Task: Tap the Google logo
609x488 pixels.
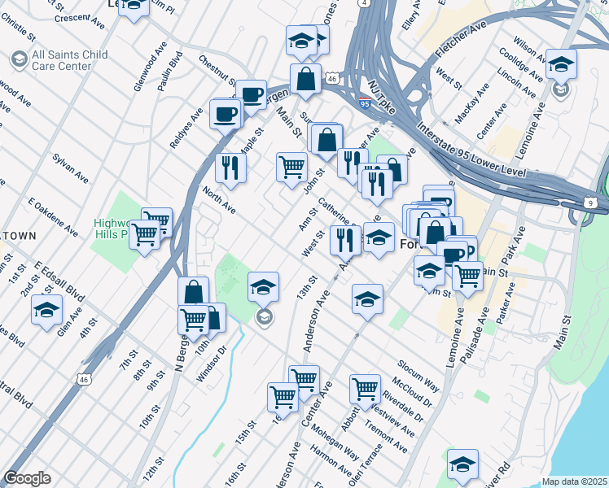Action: click(x=27, y=478)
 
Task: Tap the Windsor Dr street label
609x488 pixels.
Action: click(x=212, y=363)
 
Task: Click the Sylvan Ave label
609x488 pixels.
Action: click(x=71, y=166)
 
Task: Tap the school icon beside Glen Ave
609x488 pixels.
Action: click(x=46, y=309)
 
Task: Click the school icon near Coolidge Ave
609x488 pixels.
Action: click(x=561, y=64)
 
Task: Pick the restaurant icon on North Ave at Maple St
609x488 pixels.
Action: click(x=230, y=167)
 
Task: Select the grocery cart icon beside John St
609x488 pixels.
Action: click(x=291, y=167)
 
